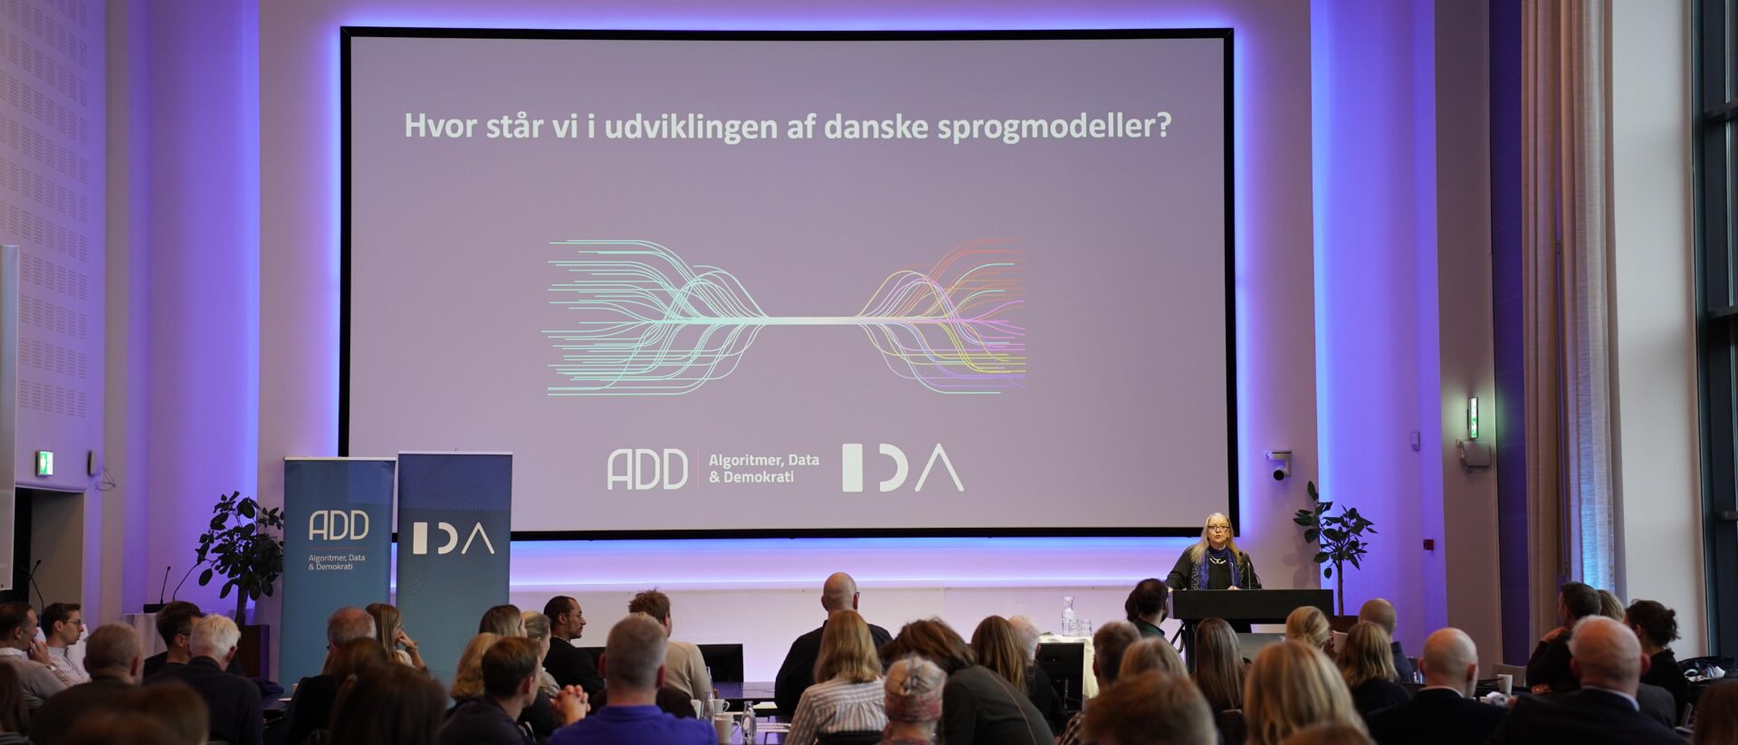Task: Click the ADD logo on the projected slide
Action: click(647, 470)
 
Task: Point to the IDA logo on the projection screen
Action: click(902, 468)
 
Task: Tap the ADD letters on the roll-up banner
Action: click(339, 525)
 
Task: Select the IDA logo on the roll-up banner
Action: click(454, 539)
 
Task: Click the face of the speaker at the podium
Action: click(1214, 534)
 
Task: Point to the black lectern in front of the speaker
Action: click(1253, 605)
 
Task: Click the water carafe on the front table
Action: click(1068, 616)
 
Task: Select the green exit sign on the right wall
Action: click(1473, 418)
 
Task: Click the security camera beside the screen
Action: click(1279, 464)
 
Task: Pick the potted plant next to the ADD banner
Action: click(239, 549)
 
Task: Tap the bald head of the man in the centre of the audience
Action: click(839, 592)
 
